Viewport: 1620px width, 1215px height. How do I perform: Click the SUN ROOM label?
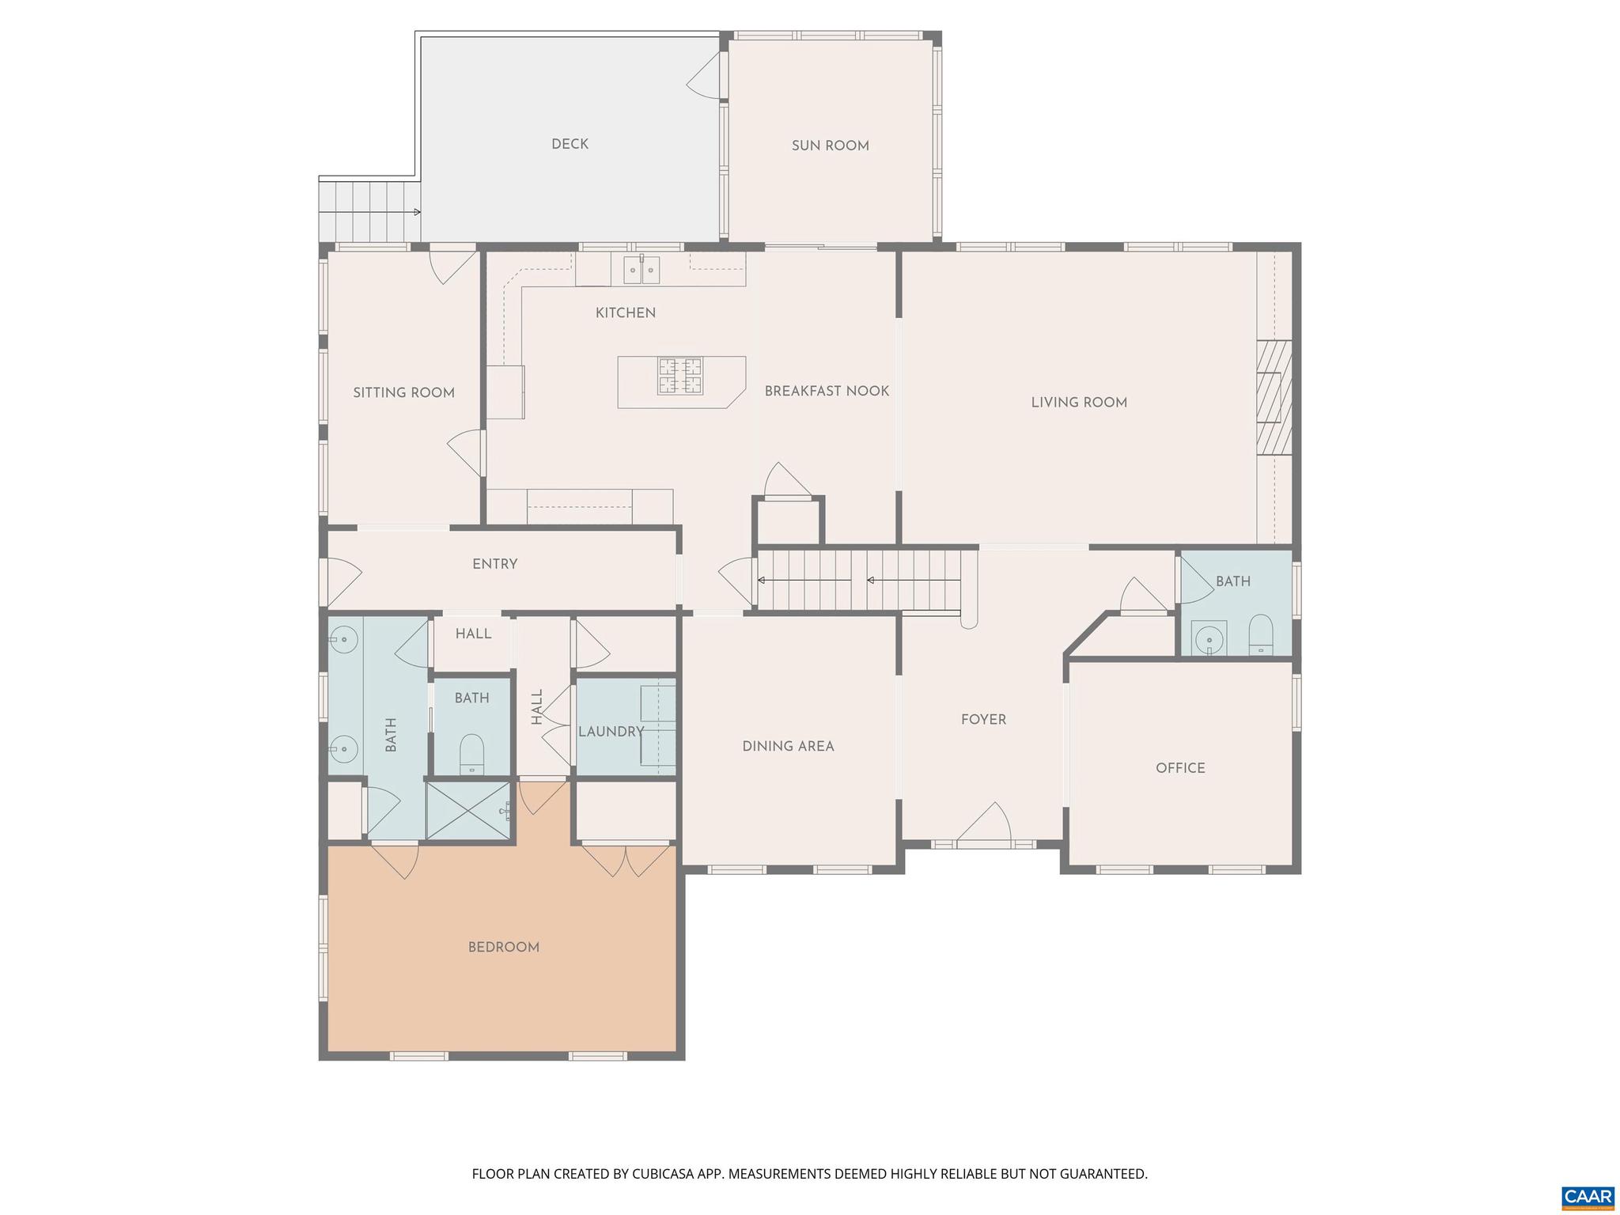[830, 146]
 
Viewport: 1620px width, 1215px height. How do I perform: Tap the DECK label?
[570, 144]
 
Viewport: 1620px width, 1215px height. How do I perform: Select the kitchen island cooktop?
[680, 376]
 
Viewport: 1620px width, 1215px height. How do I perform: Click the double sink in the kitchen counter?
[641, 270]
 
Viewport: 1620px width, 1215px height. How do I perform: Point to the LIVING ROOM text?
[1078, 403]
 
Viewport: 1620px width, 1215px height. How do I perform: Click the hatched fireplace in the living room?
[1275, 397]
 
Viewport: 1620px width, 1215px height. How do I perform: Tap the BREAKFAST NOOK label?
[827, 391]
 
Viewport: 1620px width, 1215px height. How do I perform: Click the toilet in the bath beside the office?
[1260, 636]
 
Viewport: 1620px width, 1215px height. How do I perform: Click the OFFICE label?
[1180, 768]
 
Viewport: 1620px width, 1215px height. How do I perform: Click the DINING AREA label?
[788, 746]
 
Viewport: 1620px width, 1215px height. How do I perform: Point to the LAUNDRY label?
[611, 732]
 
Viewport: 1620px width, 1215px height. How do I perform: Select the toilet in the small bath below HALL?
[471, 753]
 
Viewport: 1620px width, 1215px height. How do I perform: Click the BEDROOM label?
[503, 948]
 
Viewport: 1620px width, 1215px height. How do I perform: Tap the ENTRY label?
[494, 564]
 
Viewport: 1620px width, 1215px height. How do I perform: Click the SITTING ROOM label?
[403, 393]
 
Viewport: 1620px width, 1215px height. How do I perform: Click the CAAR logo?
[1588, 1195]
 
